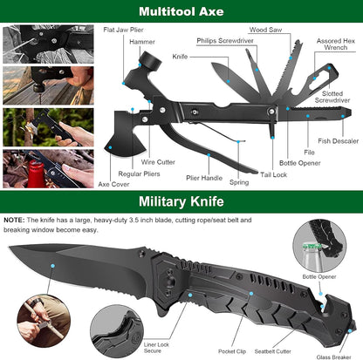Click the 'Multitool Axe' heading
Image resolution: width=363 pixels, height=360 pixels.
point(181,12)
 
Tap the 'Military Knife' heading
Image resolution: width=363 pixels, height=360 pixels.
point(181,203)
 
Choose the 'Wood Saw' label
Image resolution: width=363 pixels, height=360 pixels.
point(264,31)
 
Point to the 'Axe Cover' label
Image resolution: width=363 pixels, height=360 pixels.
point(113,185)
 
